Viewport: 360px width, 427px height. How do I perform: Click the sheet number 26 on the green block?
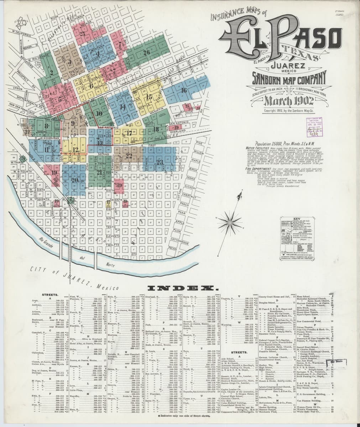[x=146, y=53]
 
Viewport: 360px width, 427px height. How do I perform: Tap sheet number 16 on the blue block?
[x=184, y=90]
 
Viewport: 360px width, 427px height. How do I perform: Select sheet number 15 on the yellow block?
[x=149, y=97]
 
